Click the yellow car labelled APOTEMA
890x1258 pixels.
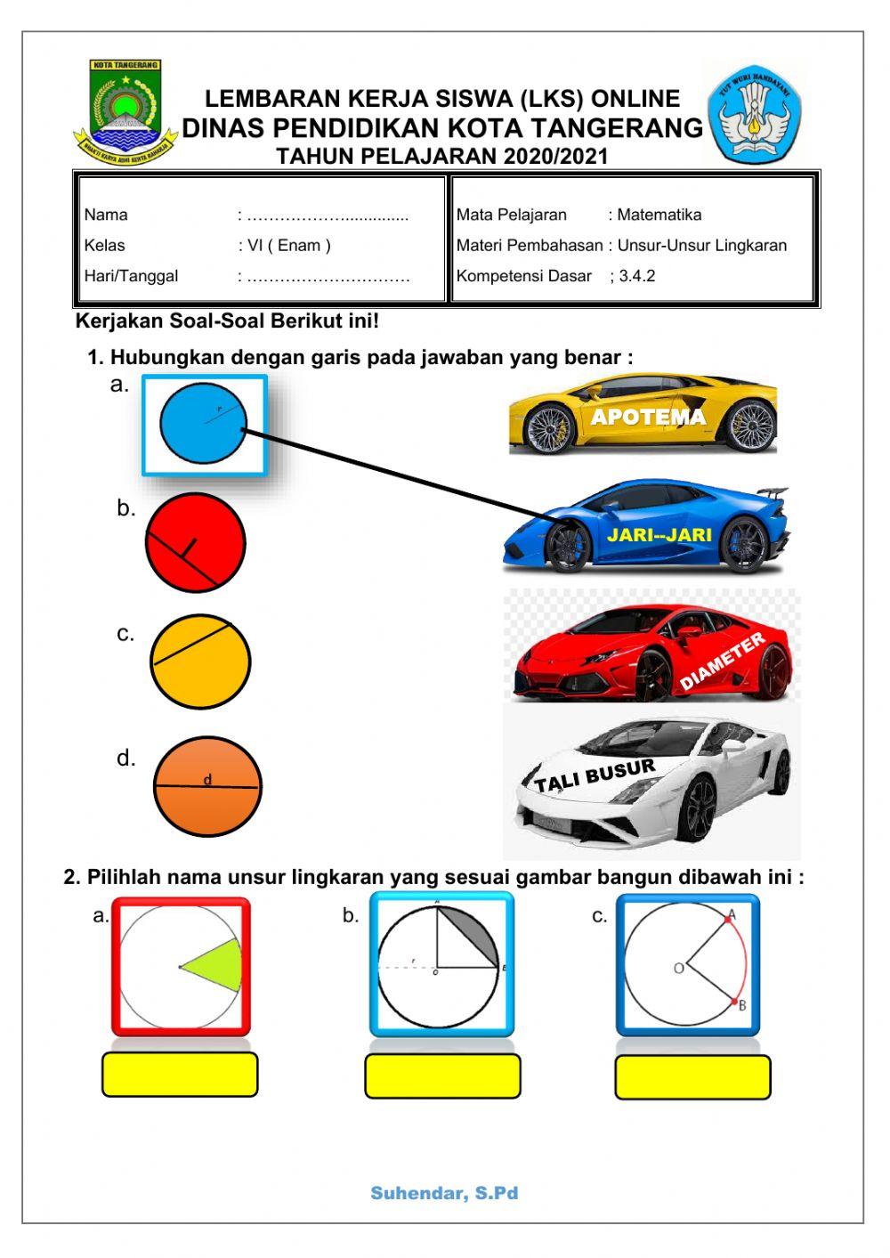(x=643, y=414)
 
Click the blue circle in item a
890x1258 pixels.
(x=203, y=424)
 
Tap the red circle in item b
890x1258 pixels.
(x=195, y=542)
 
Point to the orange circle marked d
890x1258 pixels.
(x=207, y=786)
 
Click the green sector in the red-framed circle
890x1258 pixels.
(x=219, y=967)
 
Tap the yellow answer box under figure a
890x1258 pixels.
(x=179, y=1075)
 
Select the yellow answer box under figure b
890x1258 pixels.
(x=442, y=1076)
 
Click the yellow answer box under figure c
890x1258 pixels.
(x=692, y=1077)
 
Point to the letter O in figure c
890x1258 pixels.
(x=678, y=968)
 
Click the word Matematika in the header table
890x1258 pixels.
(x=659, y=215)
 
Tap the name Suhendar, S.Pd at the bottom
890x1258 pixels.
(x=444, y=1193)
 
